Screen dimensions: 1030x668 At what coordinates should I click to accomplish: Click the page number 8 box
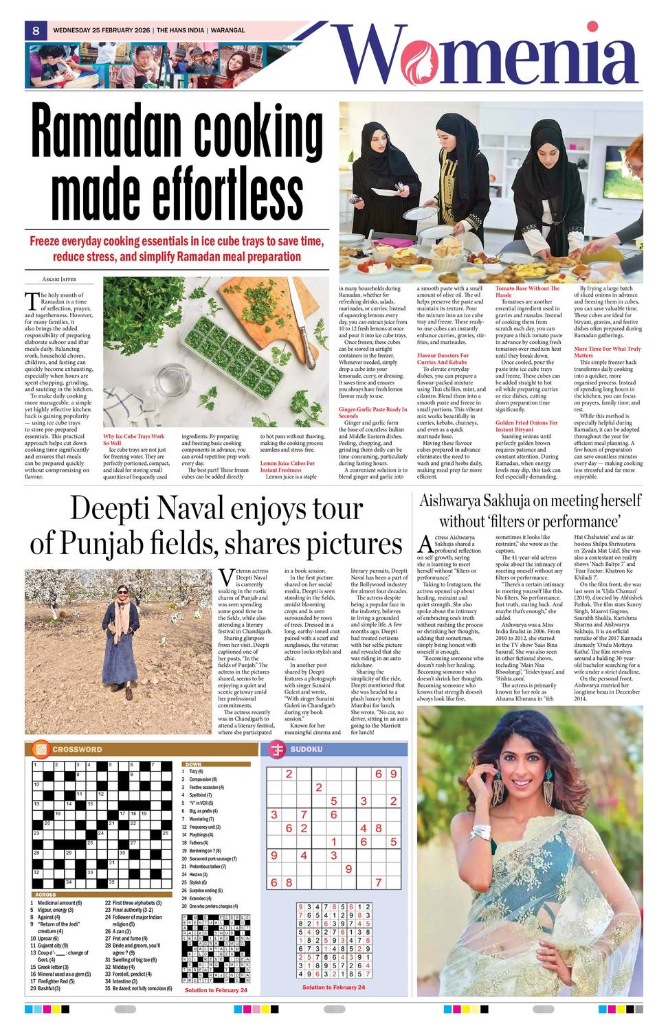pyautogui.click(x=35, y=30)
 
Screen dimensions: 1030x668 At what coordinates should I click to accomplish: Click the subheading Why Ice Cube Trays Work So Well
pyautogui.click(x=133, y=439)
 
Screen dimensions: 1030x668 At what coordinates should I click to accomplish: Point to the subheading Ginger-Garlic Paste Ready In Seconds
pyautogui.click(x=372, y=412)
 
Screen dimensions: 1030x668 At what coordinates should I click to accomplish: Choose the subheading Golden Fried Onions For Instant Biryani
pyautogui.click(x=526, y=426)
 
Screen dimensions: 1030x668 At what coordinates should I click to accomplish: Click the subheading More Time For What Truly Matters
pyautogui.click(x=607, y=352)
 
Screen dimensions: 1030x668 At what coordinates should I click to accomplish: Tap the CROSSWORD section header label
pyautogui.click(x=77, y=749)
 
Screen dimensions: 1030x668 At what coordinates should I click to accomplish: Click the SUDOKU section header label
pyautogui.click(x=306, y=749)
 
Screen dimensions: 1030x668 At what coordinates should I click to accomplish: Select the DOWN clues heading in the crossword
pyautogui.click(x=193, y=764)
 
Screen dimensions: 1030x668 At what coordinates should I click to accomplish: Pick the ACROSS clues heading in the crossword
pyautogui.click(x=45, y=894)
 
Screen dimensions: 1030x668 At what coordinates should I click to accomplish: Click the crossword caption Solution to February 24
pyautogui.click(x=216, y=990)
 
